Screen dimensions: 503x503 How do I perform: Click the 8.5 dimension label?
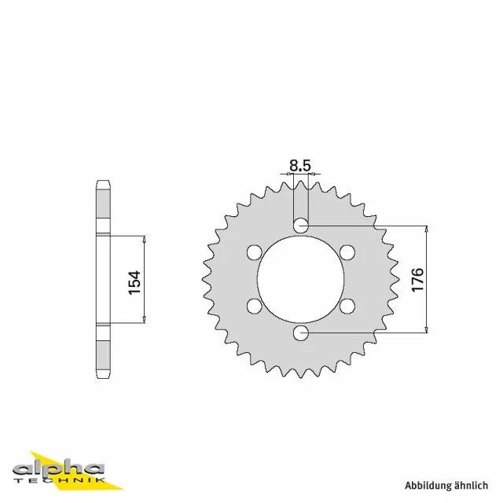(x=300, y=165)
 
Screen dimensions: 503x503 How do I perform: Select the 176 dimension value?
(x=417, y=280)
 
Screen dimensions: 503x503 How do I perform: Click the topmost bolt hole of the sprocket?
(x=301, y=226)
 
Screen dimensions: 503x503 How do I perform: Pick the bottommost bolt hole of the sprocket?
(x=301, y=333)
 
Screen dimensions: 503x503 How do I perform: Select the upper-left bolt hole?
(x=254, y=252)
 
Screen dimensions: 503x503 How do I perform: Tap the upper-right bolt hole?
(x=347, y=252)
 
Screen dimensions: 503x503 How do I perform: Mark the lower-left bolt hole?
(x=254, y=306)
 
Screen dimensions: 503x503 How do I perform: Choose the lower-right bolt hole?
(x=347, y=306)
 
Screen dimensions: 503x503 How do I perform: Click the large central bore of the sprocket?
(x=301, y=280)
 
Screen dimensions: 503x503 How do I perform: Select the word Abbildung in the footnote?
(x=430, y=485)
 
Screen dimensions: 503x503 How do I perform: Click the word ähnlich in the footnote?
(x=475, y=485)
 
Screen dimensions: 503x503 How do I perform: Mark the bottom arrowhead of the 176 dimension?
(x=426, y=329)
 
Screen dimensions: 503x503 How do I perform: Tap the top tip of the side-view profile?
(x=101, y=182)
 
